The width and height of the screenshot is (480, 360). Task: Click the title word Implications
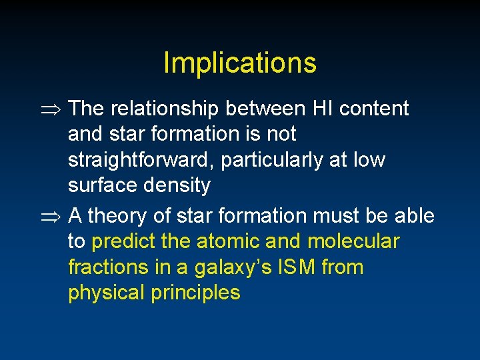239,63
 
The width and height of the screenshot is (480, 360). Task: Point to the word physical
107,293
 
